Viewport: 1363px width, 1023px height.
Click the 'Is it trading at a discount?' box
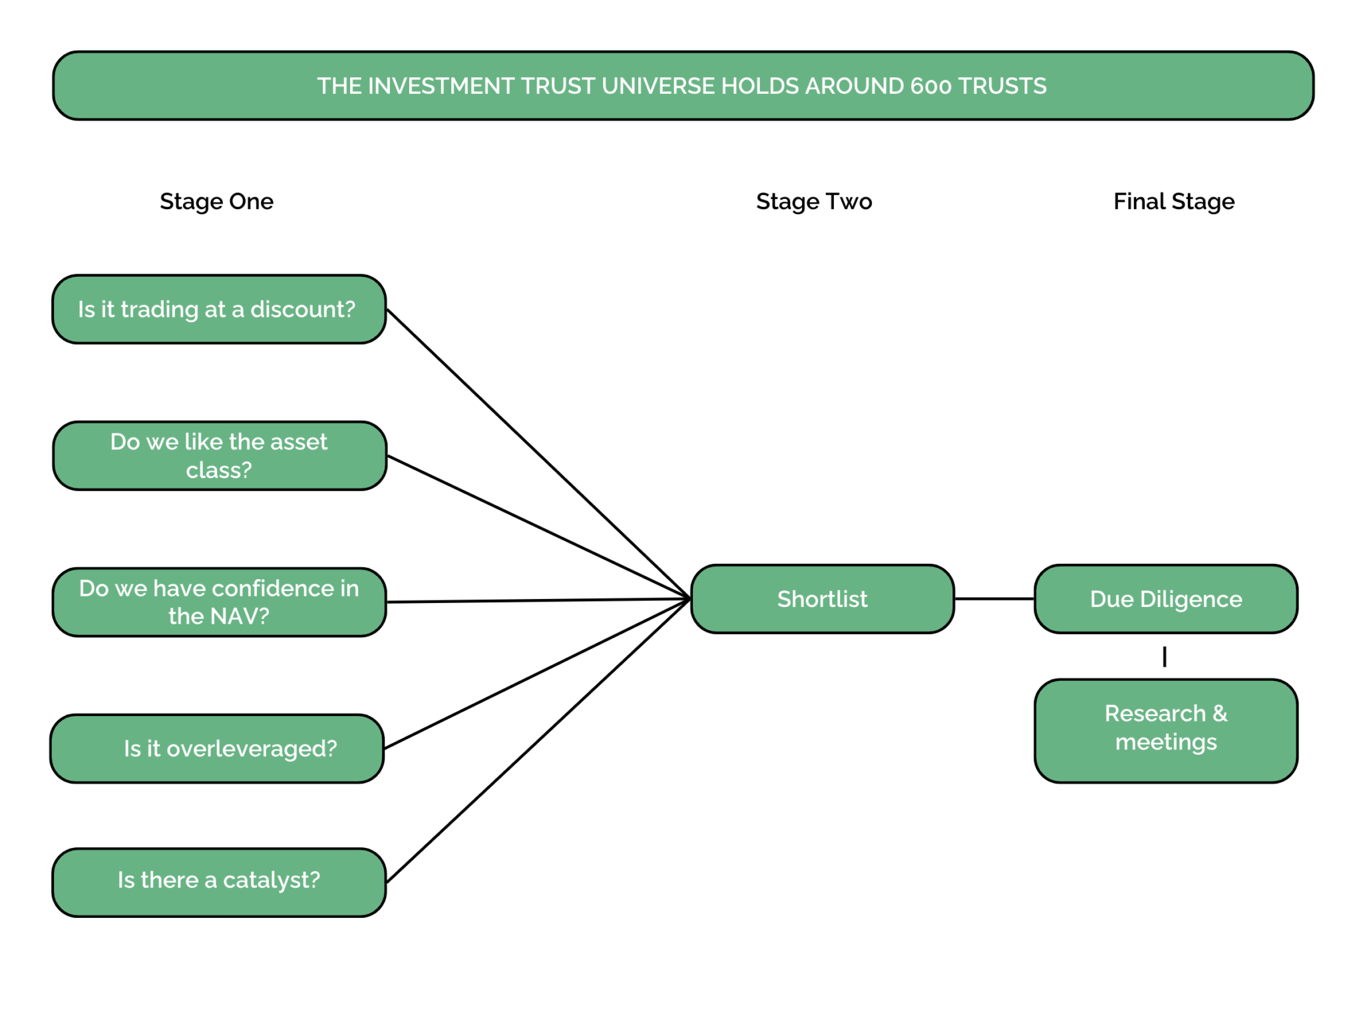pyautogui.click(x=219, y=309)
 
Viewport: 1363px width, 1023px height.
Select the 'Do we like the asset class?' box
pyautogui.click(x=219, y=456)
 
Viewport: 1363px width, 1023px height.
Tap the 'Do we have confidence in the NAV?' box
pyautogui.click(x=219, y=602)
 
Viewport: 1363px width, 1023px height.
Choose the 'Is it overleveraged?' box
pyautogui.click(x=217, y=749)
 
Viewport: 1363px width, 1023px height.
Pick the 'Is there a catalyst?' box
pyautogui.click(x=219, y=882)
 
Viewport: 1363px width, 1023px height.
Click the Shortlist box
pyautogui.click(x=822, y=599)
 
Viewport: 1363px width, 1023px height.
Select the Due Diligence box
pyautogui.click(x=1165, y=599)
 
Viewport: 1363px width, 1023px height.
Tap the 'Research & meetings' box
pyautogui.click(x=1165, y=730)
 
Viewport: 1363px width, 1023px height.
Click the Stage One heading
pyautogui.click(x=216, y=202)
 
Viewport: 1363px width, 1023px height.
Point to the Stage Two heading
pyautogui.click(x=813, y=202)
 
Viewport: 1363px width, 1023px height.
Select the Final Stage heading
pyautogui.click(x=1173, y=202)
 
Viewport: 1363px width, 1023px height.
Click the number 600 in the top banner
pyautogui.click(x=930, y=87)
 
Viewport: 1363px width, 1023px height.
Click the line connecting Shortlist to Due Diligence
pyautogui.click(x=994, y=599)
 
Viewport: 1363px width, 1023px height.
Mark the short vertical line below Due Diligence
pyautogui.click(x=1164, y=656)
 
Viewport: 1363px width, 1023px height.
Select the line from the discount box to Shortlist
pyautogui.click(x=538, y=454)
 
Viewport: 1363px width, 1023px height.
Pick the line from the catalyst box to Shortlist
pyautogui.click(x=538, y=741)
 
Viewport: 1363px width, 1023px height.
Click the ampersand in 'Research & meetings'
pyautogui.click(x=1219, y=714)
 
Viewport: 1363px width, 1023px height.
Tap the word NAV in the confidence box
pyautogui.click(x=237, y=616)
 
